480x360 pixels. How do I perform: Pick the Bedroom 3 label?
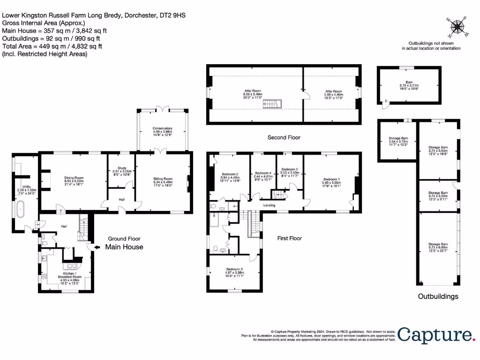pyautogui.click(x=235, y=272)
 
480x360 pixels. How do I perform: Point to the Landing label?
pyautogui.click(x=269, y=205)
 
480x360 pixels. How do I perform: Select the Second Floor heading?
pyautogui.click(x=284, y=137)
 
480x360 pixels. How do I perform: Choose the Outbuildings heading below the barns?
pyautogui.click(x=438, y=296)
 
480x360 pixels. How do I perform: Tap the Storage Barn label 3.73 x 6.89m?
pyautogui.click(x=438, y=247)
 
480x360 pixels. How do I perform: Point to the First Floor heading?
pyautogui.click(x=289, y=238)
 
